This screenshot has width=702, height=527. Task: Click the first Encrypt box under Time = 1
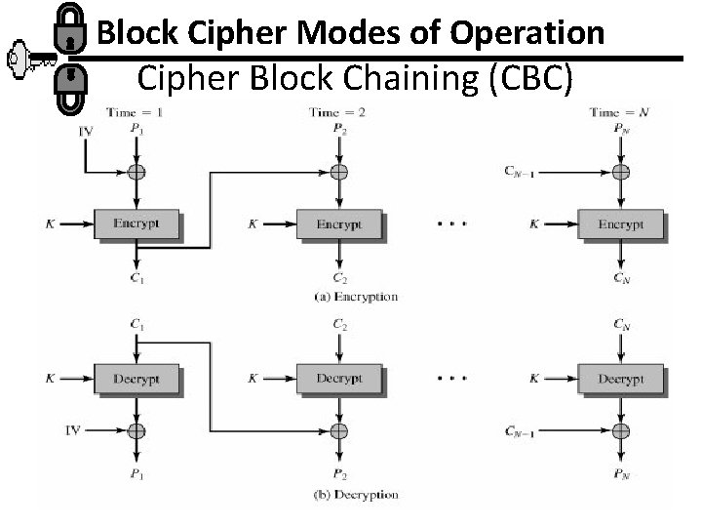(x=138, y=224)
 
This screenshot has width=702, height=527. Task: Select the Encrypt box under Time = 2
(x=338, y=224)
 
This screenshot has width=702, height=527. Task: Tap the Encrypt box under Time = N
(x=620, y=224)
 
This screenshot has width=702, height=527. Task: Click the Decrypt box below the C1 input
(x=138, y=378)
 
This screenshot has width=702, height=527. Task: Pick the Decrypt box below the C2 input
(x=338, y=378)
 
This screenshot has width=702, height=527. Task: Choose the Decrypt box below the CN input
(x=620, y=378)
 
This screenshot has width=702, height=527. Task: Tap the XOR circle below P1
(x=138, y=173)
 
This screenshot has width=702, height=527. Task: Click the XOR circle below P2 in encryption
(x=338, y=173)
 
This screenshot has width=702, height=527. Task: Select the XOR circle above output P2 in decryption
(x=338, y=429)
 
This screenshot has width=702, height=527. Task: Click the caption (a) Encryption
(x=348, y=297)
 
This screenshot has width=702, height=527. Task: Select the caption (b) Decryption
(x=348, y=495)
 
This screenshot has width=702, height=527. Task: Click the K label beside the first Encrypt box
(x=49, y=224)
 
